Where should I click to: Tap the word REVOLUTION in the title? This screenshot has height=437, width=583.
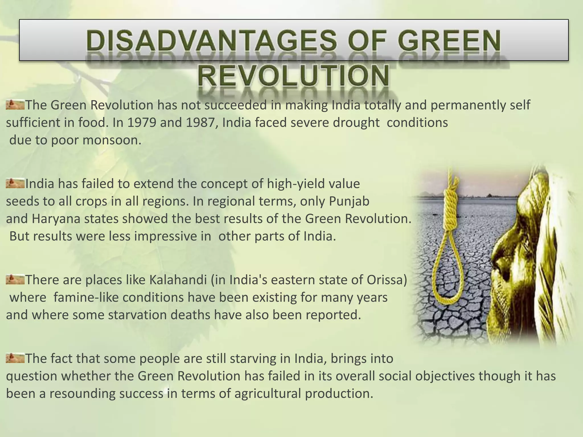click(x=293, y=75)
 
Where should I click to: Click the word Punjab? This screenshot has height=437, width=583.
click(x=349, y=201)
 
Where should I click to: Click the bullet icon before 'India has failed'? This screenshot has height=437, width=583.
click(x=15, y=183)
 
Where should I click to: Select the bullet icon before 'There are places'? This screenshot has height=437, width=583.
click(x=15, y=279)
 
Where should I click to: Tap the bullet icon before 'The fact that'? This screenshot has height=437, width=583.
click(x=15, y=358)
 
